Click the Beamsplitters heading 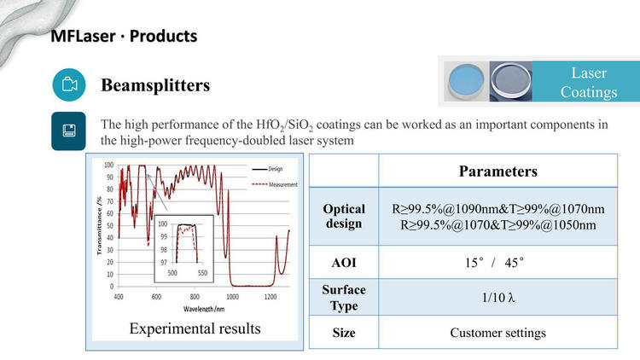pos(155,85)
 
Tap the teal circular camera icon pos(69,84)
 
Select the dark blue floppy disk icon pos(68,131)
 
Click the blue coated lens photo pos(466,81)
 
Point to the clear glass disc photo pos(511,81)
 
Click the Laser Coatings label pos(589,82)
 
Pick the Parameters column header pos(498,171)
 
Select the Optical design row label pos(344,217)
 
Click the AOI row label pos(344,263)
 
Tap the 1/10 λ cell pos(498,297)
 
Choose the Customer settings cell pos(498,333)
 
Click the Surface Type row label pos(344,298)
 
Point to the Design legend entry pos(267,169)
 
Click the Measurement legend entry pos(275,184)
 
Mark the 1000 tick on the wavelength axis pos(232,297)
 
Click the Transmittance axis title pos(99,226)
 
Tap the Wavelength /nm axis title pos(204,309)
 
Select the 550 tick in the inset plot pos(202,273)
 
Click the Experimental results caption pos(195,328)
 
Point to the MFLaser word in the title pos(84,36)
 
